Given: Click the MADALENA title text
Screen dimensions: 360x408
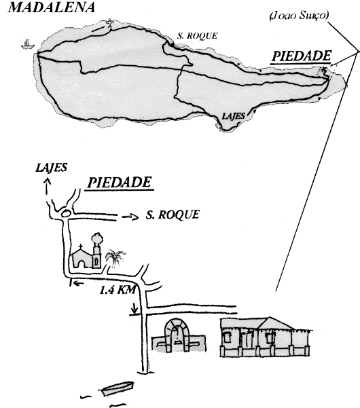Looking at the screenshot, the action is (52, 7).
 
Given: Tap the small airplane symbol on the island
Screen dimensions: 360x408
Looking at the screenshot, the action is (110, 23).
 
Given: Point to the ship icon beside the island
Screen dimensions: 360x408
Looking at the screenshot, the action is (28, 44).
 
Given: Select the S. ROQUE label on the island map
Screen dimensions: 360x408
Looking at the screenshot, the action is (197, 36).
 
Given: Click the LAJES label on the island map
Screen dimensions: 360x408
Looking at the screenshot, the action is (234, 116).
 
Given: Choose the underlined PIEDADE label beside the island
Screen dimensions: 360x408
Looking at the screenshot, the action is (302, 56).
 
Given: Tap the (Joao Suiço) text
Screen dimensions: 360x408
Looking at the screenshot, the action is (299, 16).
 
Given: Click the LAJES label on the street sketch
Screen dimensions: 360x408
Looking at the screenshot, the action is (51, 167).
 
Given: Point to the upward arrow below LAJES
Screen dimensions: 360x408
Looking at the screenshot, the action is (47, 186).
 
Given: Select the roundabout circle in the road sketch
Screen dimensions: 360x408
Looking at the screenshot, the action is (65, 214).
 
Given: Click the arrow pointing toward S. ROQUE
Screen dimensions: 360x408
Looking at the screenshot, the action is (130, 217).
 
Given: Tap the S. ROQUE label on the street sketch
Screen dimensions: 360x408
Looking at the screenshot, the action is (173, 215).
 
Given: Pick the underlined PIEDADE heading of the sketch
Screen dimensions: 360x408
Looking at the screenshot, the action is (120, 183).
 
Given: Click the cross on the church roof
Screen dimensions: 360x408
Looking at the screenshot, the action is (81, 246).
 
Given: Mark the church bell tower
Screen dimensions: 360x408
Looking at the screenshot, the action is (97, 251).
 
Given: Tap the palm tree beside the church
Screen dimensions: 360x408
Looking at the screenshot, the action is (115, 258).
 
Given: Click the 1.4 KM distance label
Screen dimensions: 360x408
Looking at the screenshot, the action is (118, 290).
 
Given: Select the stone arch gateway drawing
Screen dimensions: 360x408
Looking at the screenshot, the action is (177, 335).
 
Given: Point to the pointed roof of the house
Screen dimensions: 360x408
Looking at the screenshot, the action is (274, 323).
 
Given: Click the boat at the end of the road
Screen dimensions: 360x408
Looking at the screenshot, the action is (118, 388).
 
